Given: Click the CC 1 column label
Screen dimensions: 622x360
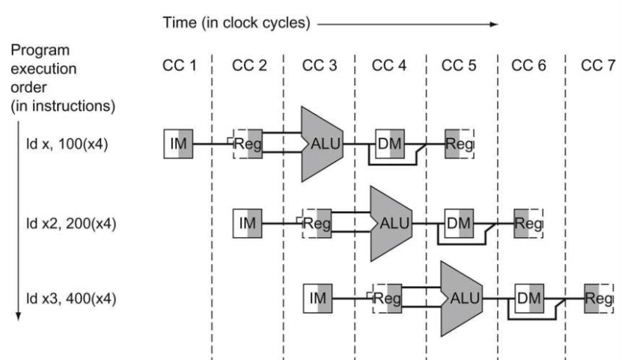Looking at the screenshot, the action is [180, 65].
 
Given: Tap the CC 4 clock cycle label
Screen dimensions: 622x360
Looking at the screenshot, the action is [388, 65].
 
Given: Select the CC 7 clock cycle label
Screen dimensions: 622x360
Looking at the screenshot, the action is [598, 65].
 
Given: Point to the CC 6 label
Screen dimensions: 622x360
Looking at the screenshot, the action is [528, 65].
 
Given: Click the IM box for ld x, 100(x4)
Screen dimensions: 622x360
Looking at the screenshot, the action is [178, 144].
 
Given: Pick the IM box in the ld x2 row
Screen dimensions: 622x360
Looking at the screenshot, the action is [248, 224].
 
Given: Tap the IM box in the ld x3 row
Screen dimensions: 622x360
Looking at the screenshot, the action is [318, 299].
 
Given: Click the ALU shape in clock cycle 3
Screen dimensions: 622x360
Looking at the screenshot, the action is [322, 144].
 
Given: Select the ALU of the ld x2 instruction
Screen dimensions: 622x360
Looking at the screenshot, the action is [391, 224].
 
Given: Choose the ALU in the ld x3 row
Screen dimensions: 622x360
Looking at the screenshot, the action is [461, 299].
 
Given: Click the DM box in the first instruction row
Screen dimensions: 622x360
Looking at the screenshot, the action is [390, 144].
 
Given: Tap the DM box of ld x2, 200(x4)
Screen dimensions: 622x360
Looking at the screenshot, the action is [459, 224].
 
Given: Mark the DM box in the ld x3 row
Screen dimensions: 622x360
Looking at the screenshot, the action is [529, 299].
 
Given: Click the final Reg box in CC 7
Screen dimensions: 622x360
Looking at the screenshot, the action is [599, 299].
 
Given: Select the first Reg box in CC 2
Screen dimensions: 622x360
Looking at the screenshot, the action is [248, 144].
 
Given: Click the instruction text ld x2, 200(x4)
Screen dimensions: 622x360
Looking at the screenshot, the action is [71, 224].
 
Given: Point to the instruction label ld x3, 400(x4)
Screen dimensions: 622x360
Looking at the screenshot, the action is [71, 298].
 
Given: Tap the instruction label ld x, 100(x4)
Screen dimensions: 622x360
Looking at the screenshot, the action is [67, 144].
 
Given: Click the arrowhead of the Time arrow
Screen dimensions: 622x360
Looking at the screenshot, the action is [494, 24].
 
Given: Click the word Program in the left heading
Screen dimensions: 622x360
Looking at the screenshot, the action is [40, 51].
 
